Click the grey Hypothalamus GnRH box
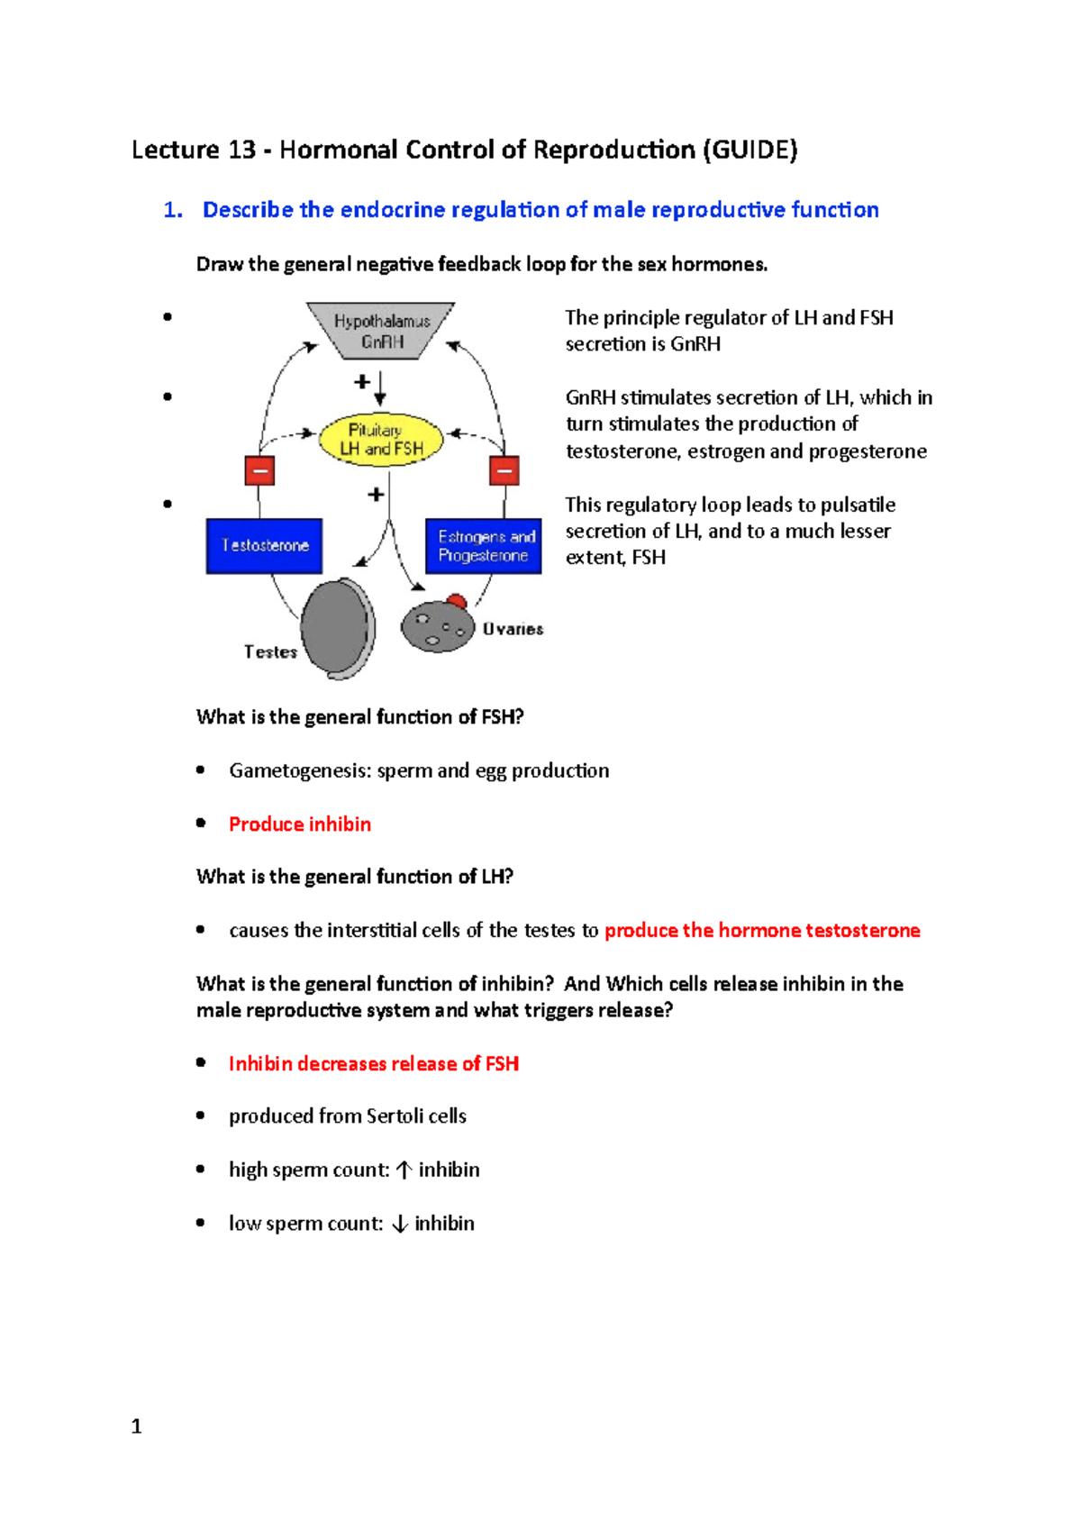click(x=381, y=331)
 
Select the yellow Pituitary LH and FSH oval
click(x=381, y=439)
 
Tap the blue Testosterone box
click(x=264, y=545)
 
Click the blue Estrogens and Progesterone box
click(x=484, y=546)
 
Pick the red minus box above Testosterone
click(x=259, y=470)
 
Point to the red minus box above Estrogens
click(x=504, y=470)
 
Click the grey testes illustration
click(x=338, y=629)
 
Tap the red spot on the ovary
click(x=457, y=601)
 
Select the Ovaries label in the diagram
click(x=513, y=629)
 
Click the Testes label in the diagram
click(x=270, y=651)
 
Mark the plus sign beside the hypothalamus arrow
click(x=362, y=382)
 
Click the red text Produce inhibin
click(x=299, y=824)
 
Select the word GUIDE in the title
click(x=749, y=150)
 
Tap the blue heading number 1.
click(x=172, y=210)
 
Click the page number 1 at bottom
click(x=136, y=1426)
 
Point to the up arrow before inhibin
click(x=404, y=1170)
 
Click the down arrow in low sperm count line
click(x=400, y=1224)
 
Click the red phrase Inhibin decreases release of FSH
click(x=373, y=1063)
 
